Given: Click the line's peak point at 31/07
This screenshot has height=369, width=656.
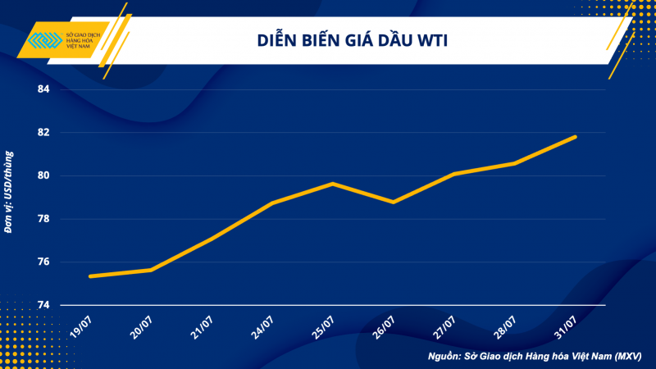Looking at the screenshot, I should click(576, 136).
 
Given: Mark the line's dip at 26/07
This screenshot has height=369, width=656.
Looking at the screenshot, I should click(394, 202).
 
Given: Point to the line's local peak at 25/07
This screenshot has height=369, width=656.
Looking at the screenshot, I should click(333, 183).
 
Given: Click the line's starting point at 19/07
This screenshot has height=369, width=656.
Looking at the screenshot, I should click(90, 276).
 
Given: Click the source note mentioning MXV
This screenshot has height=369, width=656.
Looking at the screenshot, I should click(535, 357).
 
